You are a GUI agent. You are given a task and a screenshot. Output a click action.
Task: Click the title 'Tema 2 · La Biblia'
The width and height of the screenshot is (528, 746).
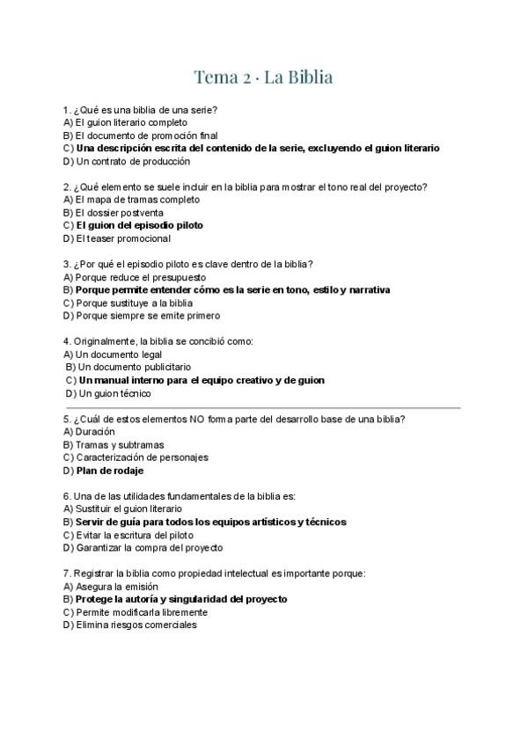coord(263,77)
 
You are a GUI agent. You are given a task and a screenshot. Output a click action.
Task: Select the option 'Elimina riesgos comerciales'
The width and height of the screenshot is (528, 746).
coord(136,625)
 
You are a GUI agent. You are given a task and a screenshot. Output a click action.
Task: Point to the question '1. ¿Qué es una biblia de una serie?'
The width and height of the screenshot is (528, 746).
coord(141,110)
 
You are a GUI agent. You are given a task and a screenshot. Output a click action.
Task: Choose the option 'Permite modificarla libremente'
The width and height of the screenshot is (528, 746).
coord(141,612)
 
